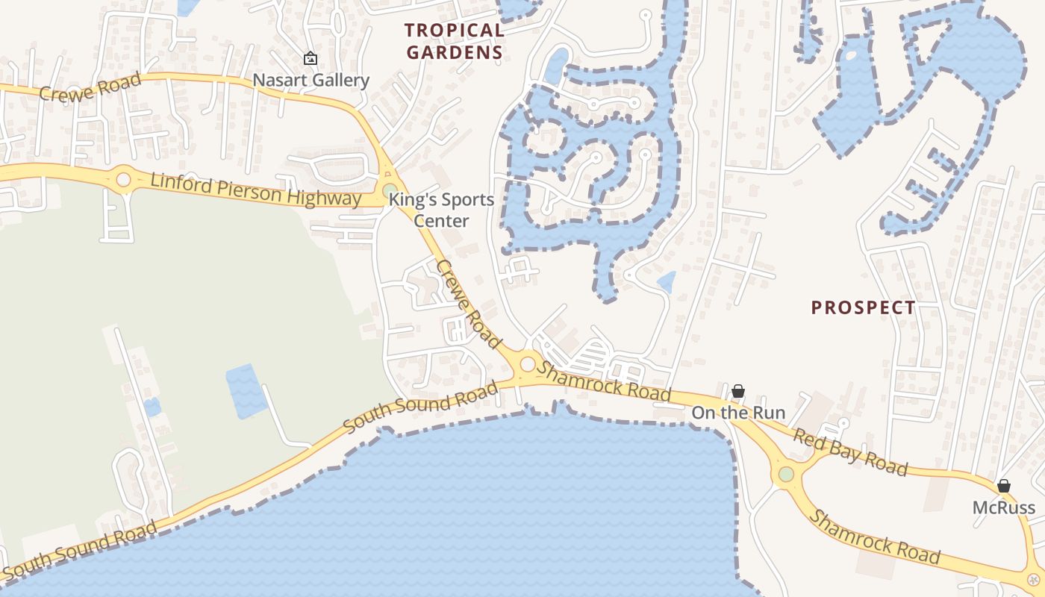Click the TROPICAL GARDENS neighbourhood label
click(x=454, y=41)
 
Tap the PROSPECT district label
click(x=863, y=307)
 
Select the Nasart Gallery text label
click(x=311, y=80)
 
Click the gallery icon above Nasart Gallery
click(x=310, y=58)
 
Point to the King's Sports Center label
click(x=441, y=210)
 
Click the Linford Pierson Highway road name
click(x=255, y=190)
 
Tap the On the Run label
click(x=737, y=413)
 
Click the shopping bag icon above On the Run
click(x=737, y=391)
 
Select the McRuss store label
click(x=1003, y=508)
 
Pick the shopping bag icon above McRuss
click(x=1003, y=487)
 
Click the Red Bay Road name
click(x=850, y=451)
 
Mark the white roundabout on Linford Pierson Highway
click(x=123, y=180)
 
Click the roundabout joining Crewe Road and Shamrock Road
click(x=528, y=364)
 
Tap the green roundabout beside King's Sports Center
click(x=390, y=191)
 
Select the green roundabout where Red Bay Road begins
click(x=786, y=474)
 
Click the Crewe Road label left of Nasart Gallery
click(x=90, y=87)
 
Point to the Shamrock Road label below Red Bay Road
click(x=875, y=537)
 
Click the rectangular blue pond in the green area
click(x=246, y=391)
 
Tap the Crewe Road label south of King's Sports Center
click(x=468, y=303)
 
